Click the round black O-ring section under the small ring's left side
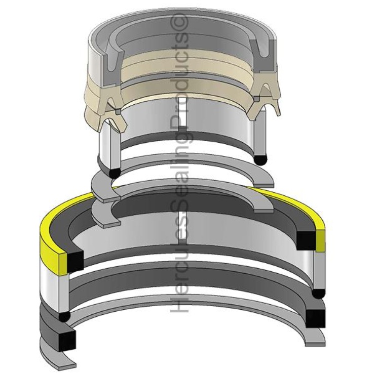pyautogui.click(x=115, y=173)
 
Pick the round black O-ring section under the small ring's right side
pyautogui.click(x=261, y=159)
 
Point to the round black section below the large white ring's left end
pyautogui.click(x=63, y=317)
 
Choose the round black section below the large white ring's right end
pyautogui.click(x=318, y=293)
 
